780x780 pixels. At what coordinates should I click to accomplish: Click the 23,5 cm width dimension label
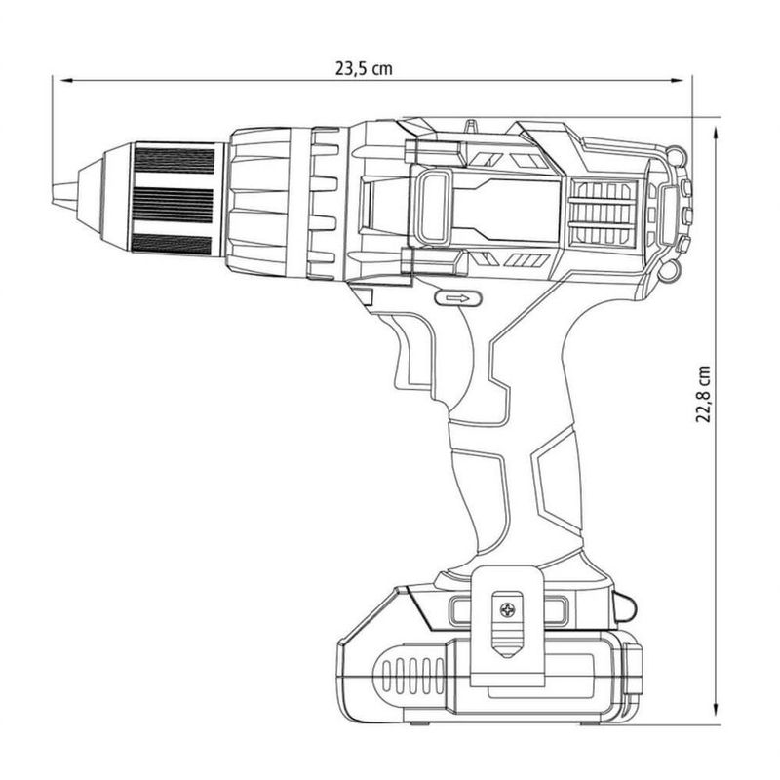(x=364, y=68)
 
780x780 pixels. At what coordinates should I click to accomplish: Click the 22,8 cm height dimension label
(x=702, y=394)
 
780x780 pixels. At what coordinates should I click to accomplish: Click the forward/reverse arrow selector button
(x=458, y=298)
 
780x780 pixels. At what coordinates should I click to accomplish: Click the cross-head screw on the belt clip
(x=507, y=610)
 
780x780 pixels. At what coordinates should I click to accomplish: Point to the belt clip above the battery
(x=506, y=626)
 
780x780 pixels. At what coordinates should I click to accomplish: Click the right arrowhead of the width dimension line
(x=676, y=80)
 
